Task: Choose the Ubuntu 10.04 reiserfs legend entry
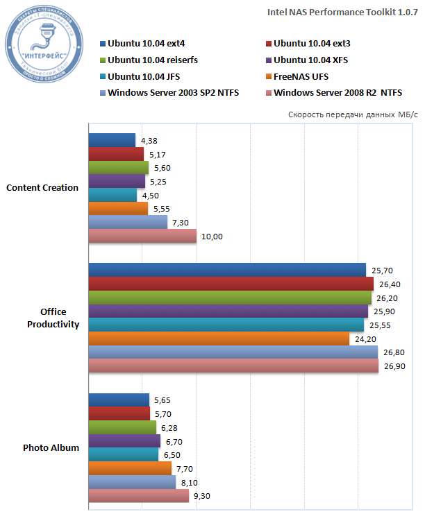153,60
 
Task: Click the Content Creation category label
42,187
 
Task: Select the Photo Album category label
51,447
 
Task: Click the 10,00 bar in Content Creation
142,236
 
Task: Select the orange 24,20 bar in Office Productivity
219,339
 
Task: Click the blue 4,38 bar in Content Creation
112,140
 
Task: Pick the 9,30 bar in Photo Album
138,496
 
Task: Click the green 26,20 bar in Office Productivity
230,298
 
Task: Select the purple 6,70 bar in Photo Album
124,441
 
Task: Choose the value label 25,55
379,325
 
